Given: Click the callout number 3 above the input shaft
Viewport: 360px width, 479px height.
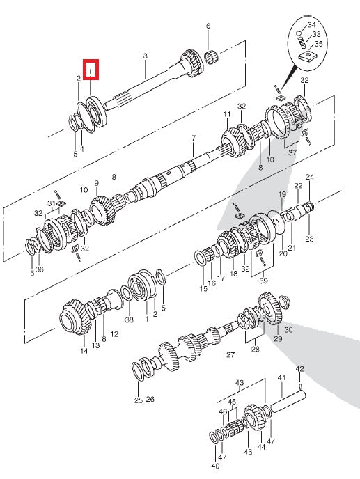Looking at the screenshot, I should point(145,56).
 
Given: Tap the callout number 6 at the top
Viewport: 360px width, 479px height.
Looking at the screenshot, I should point(208,26).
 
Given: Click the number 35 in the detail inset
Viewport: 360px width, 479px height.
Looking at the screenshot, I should point(319,43).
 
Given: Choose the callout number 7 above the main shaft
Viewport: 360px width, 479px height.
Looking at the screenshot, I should point(194,139).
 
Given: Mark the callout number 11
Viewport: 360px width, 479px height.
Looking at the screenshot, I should point(226,114).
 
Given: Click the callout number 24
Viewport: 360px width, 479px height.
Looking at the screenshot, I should point(309,177).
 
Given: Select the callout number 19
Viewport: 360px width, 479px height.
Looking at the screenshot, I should point(282,194).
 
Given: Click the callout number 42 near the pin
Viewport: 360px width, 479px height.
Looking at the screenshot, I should point(299,368).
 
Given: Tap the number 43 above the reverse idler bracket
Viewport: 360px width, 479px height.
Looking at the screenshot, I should point(239,384).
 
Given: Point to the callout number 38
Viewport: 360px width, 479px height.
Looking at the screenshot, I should point(129,321).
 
